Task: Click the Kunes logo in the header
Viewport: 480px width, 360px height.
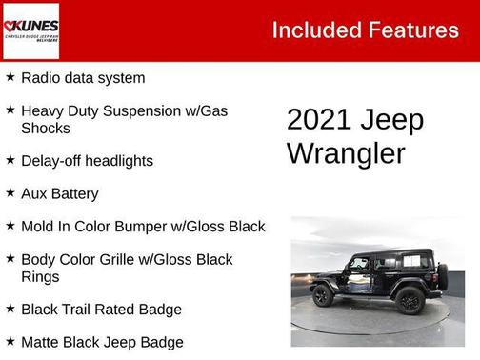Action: pyautogui.click(x=30, y=30)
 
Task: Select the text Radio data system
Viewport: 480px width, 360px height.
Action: pyautogui.click(x=83, y=78)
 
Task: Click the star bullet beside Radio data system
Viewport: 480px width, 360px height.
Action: pyautogui.click(x=10, y=77)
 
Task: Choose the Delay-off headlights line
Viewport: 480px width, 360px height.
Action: pyautogui.click(x=87, y=161)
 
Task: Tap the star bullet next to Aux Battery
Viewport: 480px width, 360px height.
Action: pyautogui.click(x=10, y=192)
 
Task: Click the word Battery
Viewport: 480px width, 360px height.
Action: pyautogui.click(x=74, y=193)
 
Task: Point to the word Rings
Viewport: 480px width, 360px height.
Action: pyautogui.click(x=41, y=276)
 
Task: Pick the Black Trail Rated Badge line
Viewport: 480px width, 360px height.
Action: pyautogui.click(x=101, y=310)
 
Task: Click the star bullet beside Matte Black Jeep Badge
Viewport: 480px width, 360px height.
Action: pyautogui.click(x=10, y=341)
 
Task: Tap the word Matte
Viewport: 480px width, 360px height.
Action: pyautogui.click(x=41, y=342)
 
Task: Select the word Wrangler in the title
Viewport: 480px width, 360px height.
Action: pyautogui.click(x=346, y=152)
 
